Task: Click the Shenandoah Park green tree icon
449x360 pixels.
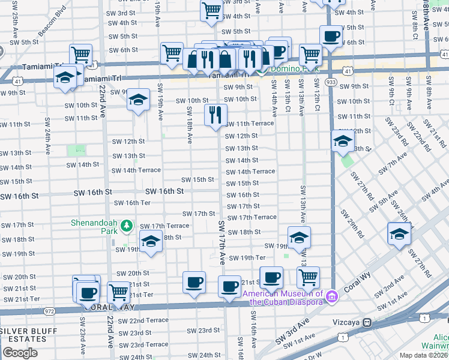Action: [126, 226]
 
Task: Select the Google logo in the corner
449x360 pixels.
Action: [20, 353]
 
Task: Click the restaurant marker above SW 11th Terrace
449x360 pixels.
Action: [215, 114]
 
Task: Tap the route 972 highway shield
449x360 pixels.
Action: [49, 311]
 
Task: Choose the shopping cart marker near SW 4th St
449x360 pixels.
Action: [211, 10]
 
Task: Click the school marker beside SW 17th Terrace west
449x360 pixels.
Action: [150, 242]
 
